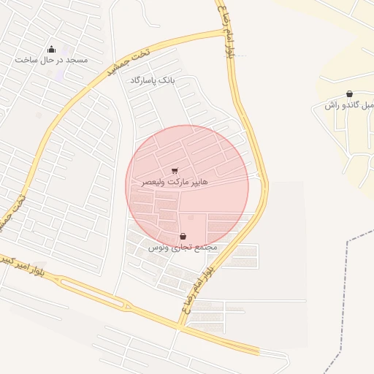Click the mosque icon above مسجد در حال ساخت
click(x=50, y=49)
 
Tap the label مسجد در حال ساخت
click(x=51, y=60)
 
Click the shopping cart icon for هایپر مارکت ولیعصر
click(x=175, y=171)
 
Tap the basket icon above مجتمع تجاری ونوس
click(x=182, y=237)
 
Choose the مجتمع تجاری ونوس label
click(x=183, y=248)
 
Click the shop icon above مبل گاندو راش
click(x=350, y=93)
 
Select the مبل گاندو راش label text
click(x=349, y=105)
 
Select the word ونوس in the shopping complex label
click(x=158, y=248)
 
